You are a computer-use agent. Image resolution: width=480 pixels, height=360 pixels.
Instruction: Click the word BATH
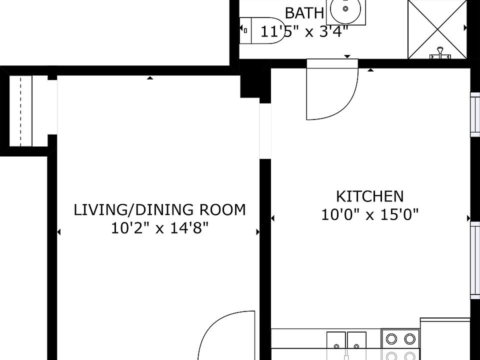(304, 12)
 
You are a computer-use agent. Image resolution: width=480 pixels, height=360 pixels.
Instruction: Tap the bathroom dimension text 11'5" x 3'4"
(304, 31)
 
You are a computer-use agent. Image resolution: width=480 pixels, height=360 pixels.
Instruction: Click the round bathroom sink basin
(346, 8)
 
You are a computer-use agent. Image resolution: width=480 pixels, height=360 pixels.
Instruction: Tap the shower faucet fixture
(440, 52)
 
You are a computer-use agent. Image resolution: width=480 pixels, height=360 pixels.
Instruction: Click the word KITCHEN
(369, 196)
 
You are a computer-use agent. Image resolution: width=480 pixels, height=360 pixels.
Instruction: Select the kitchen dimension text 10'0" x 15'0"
(369, 215)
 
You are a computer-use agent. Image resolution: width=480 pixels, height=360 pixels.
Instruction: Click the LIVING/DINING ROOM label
(159, 209)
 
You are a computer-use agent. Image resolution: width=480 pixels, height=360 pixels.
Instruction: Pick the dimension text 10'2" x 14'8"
(159, 228)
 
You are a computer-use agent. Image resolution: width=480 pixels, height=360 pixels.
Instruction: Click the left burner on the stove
(391, 338)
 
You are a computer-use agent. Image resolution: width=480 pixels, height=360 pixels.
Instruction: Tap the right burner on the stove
(410, 338)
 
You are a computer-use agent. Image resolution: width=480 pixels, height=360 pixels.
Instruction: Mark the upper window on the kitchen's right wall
(475, 113)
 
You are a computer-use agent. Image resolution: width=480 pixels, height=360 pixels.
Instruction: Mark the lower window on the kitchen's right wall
(475, 260)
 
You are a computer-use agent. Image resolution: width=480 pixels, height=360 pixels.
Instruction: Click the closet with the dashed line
(20, 111)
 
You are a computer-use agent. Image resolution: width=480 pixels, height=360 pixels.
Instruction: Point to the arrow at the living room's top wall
(150, 78)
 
